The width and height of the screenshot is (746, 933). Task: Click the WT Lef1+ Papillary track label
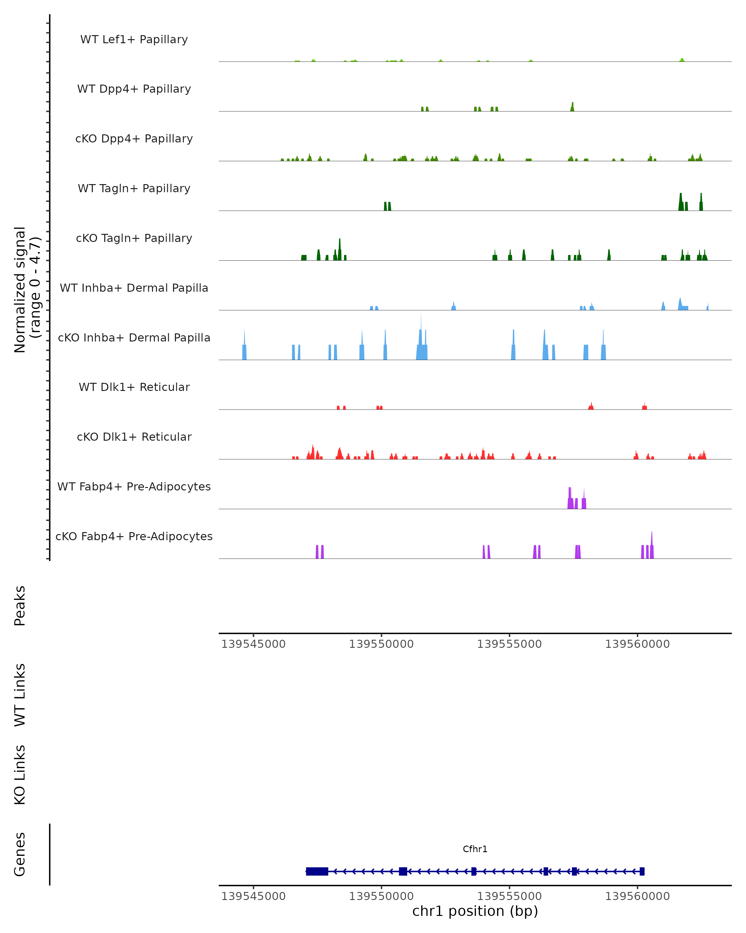pyautogui.click(x=134, y=39)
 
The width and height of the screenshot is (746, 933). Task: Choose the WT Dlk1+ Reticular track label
pyautogui.click(x=134, y=387)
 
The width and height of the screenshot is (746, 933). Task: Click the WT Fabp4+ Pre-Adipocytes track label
pyautogui.click(x=134, y=486)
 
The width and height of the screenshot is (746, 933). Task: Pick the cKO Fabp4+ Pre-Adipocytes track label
pyautogui.click(x=134, y=536)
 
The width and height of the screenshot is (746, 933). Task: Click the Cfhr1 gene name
pyautogui.click(x=475, y=849)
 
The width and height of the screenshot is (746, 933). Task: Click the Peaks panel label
pyautogui.click(x=20, y=606)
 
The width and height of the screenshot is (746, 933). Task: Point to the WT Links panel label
pyautogui.click(x=20, y=695)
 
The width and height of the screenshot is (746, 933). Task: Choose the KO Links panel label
pyautogui.click(x=20, y=775)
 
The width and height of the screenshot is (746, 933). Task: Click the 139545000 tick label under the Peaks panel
pyautogui.click(x=253, y=644)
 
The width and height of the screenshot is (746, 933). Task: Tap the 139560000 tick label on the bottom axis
pyautogui.click(x=637, y=896)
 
